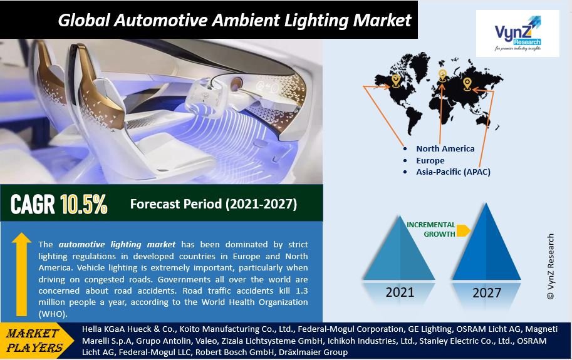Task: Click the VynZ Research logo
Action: tap(517, 33)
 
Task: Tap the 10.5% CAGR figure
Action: tap(84, 204)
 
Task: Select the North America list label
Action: tap(445, 148)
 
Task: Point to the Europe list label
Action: tap(430, 161)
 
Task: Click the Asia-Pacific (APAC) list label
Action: tap(453, 172)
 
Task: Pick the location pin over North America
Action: tap(396, 80)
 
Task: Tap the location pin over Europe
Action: tap(442, 75)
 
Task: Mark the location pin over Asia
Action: tap(467, 84)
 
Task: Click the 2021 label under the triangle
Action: tap(400, 292)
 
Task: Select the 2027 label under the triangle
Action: tap(487, 292)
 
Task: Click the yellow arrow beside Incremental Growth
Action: tap(463, 230)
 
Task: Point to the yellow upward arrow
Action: tap(21, 274)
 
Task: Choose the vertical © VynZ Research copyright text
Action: tap(551, 266)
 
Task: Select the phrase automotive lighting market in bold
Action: tap(117, 245)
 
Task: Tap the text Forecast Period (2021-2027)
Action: tap(214, 203)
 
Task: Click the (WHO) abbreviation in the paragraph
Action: tap(53, 314)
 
